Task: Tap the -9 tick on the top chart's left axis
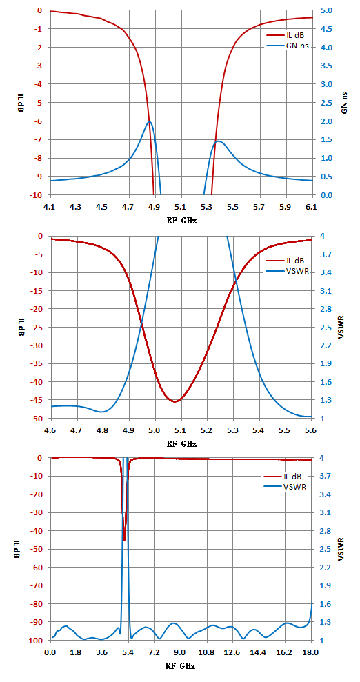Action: pyautogui.click(x=41, y=177)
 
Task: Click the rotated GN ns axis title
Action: pyautogui.click(x=345, y=103)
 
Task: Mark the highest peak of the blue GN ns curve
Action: pyautogui.click(x=150, y=121)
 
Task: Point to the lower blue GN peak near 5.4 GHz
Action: pyautogui.click(x=217, y=141)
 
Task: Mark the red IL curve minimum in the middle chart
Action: pyautogui.click(x=174, y=401)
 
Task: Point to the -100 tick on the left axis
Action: pyautogui.click(x=38, y=639)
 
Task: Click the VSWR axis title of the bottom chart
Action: pyautogui.click(x=345, y=549)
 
